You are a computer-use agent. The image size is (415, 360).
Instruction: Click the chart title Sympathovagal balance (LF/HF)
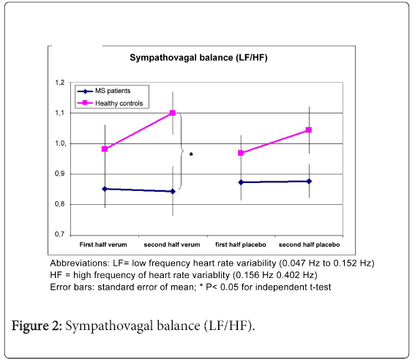click(x=198, y=58)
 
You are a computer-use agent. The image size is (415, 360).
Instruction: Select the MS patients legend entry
click(x=104, y=91)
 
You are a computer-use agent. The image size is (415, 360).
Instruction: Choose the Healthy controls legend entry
click(x=110, y=103)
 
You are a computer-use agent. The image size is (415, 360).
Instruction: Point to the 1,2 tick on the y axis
click(x=60, y=83)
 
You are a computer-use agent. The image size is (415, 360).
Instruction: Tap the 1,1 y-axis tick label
click(x=60, y=113)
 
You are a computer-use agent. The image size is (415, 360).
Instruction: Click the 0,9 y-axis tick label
click(x=60, y=174)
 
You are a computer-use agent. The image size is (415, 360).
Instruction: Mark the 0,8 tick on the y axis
click(x=60, y=204)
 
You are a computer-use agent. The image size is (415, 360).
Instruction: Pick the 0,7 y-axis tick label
click(x=60, y=234)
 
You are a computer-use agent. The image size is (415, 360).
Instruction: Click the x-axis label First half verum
click(x=103, y=244)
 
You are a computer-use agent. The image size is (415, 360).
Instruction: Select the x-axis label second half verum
click(x=172, y=244)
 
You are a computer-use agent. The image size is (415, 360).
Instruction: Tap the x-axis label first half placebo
click(x=241, y=244)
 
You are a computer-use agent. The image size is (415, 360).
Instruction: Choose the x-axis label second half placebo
click(x=309, y=244)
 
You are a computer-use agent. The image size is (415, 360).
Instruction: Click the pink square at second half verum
click(x=173, y=113)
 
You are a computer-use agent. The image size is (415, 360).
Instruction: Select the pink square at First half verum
click(x=105, y=149)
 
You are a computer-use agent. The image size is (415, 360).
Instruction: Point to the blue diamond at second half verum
click(x=173, y=191)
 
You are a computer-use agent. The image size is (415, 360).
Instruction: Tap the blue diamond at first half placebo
click(x=241, y=182)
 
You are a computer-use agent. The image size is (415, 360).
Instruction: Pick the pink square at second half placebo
click(x=309, y=130)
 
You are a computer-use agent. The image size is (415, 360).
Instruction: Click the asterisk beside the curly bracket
click(x=191, y=154)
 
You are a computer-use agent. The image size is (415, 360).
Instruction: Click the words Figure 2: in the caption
click(x=37, y=326)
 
